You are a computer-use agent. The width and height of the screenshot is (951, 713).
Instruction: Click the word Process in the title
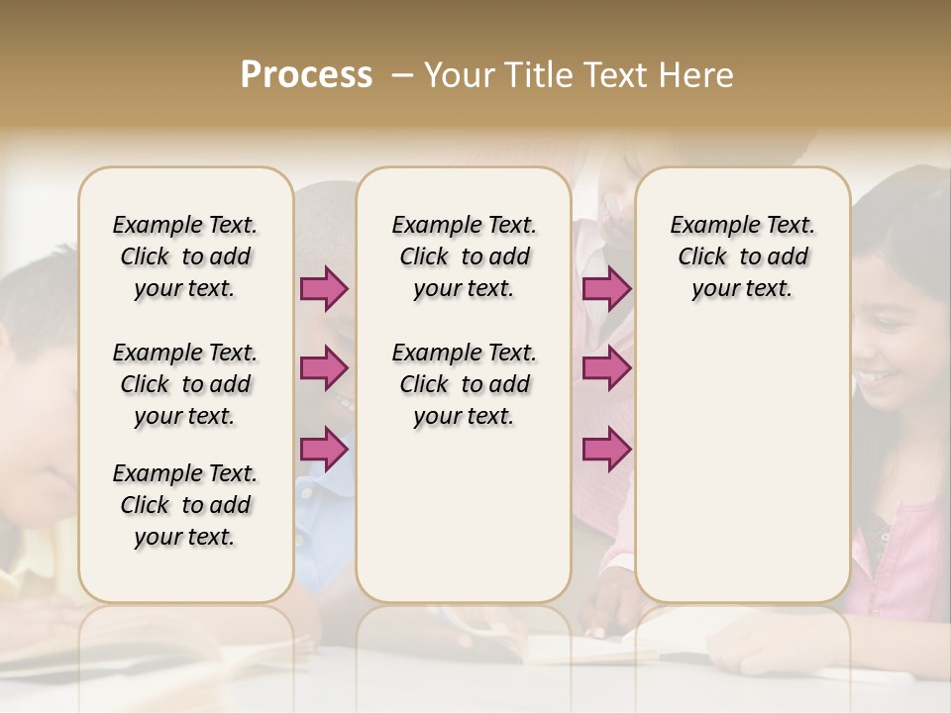pyautogui.click(x=306, y=75)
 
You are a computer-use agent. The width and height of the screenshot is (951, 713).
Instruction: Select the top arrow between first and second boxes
pyautogui.click(x=324, y=289)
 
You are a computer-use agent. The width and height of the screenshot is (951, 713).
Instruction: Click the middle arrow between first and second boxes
pyautogui.click(x=324, y=368)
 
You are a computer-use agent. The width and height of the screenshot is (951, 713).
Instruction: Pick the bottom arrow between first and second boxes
pyautogui.click(x=324, y=449)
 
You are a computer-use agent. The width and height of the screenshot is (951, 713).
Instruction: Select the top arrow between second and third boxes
pyautogui.click(x=606, y=289)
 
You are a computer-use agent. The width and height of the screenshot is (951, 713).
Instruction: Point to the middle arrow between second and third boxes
pyautogui.click(x=606, y=368)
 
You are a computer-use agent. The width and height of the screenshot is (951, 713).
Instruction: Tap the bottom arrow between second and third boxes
pyautogui.click(x=606, y=449)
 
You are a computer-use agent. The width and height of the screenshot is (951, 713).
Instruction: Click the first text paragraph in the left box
pyautogui.click(x=185, y=256)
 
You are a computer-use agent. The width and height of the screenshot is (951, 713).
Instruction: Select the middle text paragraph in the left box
pyautogui.click(x=185, y=384)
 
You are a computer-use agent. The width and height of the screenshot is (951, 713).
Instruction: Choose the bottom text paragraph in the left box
pyautogui.click(x=185, y=505)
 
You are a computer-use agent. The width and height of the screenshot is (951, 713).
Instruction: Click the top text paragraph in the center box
pyautogui.click(x=464, y=256)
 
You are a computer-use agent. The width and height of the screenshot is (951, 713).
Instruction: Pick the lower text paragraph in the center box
pyautogui.click(x=464, y=384)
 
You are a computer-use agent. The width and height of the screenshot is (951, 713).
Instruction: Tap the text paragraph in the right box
pyautogui.click(x=742, y=256)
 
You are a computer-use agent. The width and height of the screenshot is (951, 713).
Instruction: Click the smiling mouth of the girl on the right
pyautogui.click(x=878, y=377)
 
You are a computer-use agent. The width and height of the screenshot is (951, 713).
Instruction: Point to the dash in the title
pyautogui.click(x=402, y=75)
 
